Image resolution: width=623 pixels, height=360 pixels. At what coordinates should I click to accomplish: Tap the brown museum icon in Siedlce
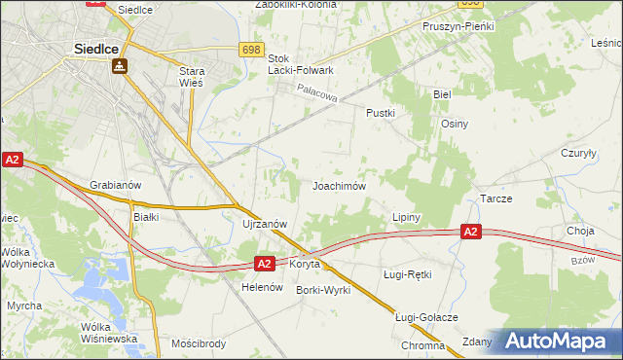118,66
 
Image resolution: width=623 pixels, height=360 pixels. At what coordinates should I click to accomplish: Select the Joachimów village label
338,185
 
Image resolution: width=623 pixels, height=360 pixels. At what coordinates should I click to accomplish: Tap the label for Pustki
380,113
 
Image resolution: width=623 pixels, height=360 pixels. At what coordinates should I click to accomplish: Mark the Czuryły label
578,153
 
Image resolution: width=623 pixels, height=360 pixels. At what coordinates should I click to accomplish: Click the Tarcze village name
495,198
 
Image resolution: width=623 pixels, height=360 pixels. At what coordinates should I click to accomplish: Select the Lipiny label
405,216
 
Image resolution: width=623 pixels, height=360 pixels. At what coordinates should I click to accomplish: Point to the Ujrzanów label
264,223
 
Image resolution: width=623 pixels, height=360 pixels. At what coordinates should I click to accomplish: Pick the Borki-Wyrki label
323,290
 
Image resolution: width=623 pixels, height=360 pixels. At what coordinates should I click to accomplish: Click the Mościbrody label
199,344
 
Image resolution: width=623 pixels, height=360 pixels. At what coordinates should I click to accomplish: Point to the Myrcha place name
24,306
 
